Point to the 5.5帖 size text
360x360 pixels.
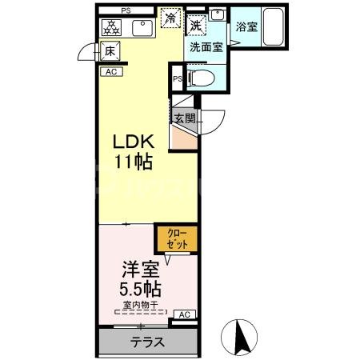click(x=137, y=290)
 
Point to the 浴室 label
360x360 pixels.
click(x=246, y=27)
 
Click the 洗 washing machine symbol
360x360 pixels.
click(x=197, y=26)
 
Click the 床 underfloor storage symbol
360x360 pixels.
click(x=110, y=51)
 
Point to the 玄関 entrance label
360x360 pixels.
click(x=185, y=118)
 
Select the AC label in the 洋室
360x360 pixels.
click(x=184, y=314)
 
